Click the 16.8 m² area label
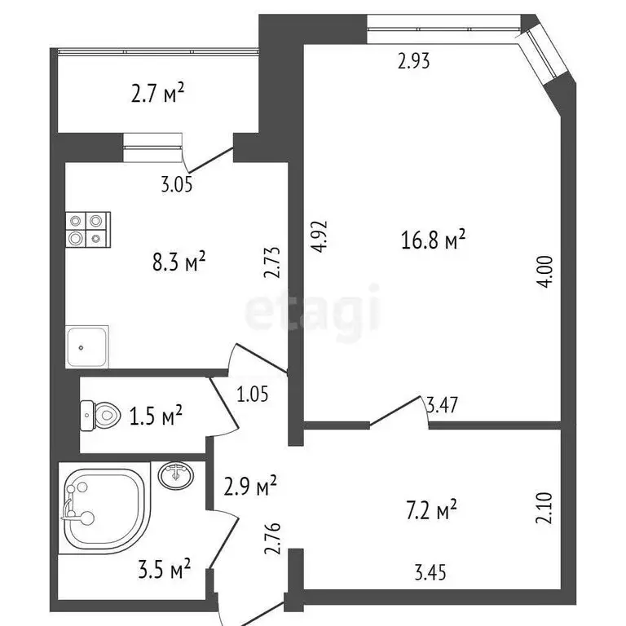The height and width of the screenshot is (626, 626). coord(433,240)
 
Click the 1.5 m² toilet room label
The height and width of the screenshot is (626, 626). coord(155,417)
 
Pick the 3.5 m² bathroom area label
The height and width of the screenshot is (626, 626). coord(163,567)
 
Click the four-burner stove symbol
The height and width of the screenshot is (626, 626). coord(88,230)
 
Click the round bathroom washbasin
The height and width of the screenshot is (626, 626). coord(175,475)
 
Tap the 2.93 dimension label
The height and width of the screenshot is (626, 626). coord(413,60)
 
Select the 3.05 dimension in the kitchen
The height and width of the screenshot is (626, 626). coord(176,185)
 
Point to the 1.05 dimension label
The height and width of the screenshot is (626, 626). coord(253,395)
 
